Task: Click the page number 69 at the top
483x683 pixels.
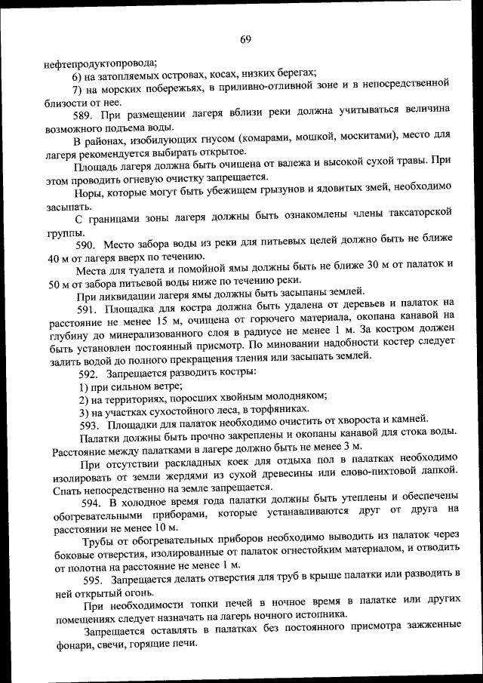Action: (245, 39)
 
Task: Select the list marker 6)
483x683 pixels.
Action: (78, 75)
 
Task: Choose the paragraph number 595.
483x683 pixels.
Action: (94, 581)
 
